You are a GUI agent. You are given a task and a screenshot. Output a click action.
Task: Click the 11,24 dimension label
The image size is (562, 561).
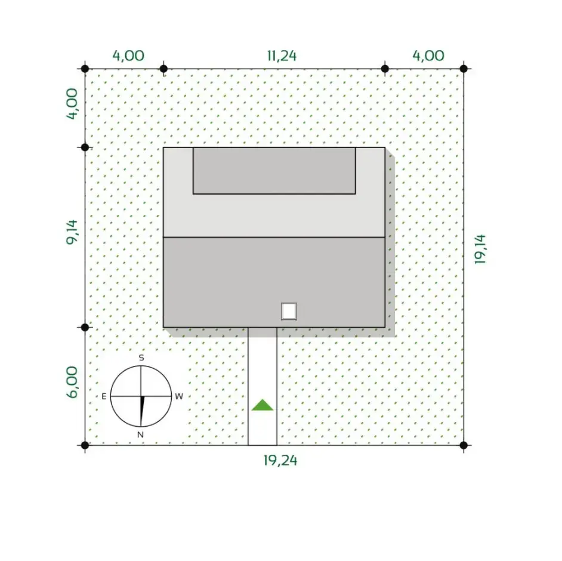coord(282,56)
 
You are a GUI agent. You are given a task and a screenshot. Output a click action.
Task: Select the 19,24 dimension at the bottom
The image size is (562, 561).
coord(280,461)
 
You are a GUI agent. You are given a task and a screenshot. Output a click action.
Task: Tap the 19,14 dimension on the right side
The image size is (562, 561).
coord(480,249)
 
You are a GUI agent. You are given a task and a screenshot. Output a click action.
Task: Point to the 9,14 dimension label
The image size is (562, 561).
coord(72,232)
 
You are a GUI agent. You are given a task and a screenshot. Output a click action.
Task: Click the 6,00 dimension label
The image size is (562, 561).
coord(72,382)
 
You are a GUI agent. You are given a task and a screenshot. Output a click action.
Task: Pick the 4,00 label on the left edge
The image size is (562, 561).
coord(72,104)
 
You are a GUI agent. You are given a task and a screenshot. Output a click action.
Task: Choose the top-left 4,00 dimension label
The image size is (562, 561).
coord(128,56)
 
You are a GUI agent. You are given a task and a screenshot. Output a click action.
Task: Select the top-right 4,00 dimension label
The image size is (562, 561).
coord(428,56)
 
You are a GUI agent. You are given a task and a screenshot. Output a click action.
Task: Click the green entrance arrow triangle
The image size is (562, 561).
coord(263,405)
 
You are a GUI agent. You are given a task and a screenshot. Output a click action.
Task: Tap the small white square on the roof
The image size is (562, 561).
coord(289,311)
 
